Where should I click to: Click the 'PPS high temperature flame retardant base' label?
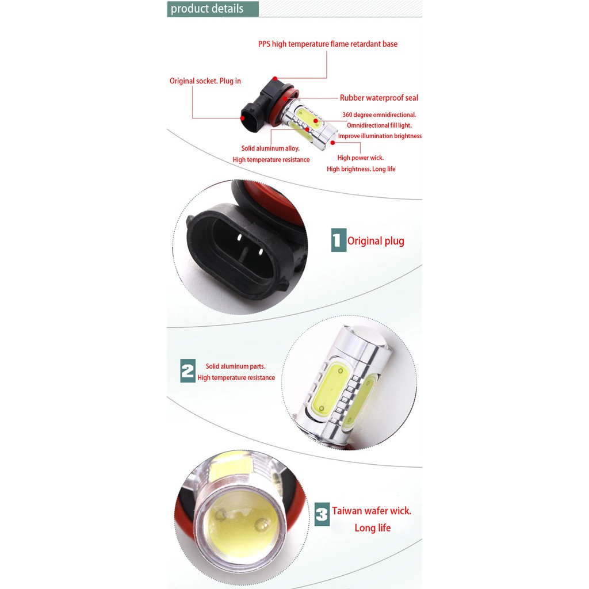pos(327,44)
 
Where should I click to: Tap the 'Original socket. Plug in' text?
pos(205,81)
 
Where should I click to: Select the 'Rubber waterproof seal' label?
pos(378,98)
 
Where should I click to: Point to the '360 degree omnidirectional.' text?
pos(378,115)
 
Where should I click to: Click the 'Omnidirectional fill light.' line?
pos(378,125)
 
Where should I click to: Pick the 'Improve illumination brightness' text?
pos(380,136)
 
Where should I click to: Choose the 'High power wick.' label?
pos(360,158)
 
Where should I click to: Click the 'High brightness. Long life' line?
pos(361,169)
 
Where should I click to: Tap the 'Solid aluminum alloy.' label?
pos(270,148)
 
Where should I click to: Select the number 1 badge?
pos(338,240)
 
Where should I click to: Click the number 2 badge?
pos(188,371)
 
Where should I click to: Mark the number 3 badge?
pos(322,513)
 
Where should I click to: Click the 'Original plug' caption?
pos(376,241)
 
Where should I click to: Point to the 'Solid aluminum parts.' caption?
pos(235,366)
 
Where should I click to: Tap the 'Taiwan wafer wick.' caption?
pos(371,511)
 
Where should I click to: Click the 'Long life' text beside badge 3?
pos(372,528)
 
